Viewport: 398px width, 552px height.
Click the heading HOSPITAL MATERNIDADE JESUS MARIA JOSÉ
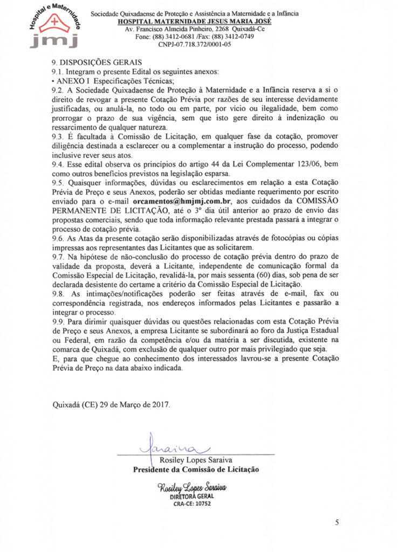[x=194, y=21]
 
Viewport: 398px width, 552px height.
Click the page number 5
[x=337, y=522]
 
